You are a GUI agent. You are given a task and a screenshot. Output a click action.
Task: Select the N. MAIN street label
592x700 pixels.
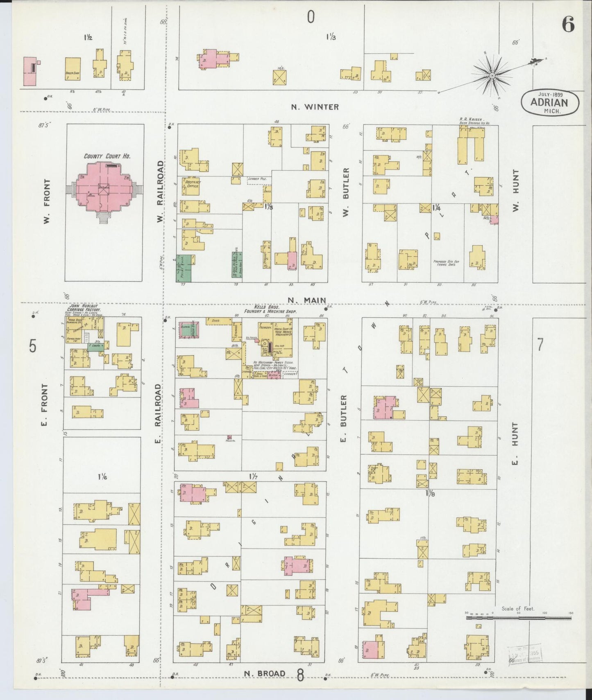[x=306, y=300]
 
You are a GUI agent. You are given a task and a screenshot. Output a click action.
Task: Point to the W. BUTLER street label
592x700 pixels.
[x=346, y=192]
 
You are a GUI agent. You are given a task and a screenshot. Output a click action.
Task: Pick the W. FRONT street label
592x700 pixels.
[x=47, y=201]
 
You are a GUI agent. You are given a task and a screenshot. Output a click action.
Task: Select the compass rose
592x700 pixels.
[x=492, y=76]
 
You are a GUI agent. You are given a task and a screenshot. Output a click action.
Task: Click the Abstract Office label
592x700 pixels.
[x=192, y=183]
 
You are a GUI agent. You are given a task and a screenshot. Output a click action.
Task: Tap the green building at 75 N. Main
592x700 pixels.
[x=185, y=268]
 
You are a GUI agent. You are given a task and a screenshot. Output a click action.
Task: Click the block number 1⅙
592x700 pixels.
[x=103, y=476]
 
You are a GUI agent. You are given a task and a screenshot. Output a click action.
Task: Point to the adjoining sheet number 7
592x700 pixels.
[x=540, y=345]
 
